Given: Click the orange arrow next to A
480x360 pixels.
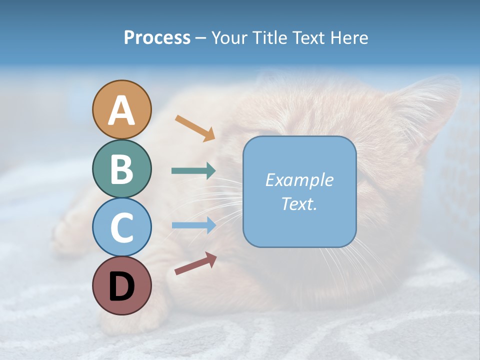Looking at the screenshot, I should click(x=194, y=128).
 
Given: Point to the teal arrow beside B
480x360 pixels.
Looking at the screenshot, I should click(x=193, y=171).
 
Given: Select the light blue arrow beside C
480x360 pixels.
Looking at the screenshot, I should click(x=193, y=225).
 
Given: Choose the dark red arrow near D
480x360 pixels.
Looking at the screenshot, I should click(x=195, y=263).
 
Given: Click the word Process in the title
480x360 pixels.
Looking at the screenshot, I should click(x=157, y=38).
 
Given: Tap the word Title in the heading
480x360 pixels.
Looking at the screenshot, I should click(x=270, y=38).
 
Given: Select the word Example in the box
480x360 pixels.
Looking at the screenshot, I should click(x=299, y=180).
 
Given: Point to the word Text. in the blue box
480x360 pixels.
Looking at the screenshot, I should click(x=299, y=203).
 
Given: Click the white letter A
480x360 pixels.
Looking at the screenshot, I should click(x=122, y=111).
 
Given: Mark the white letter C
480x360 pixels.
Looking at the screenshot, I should click(x=122, y=228).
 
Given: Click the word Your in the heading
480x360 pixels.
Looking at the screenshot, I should click(x=229, y=38).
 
